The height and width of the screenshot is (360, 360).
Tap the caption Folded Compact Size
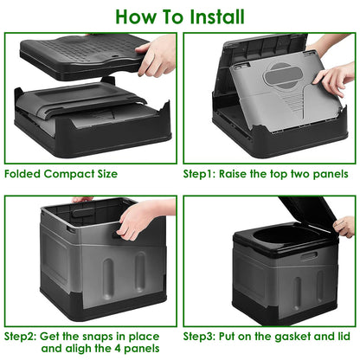pyautogui.click(x=61, y=173)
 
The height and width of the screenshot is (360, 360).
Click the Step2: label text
pyautogui.click(x=24, y=335)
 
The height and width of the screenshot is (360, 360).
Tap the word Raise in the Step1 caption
pyautogui.click(x=242, y=173)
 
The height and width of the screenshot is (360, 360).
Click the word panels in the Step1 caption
pyautogui.click(x=327, y=173)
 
